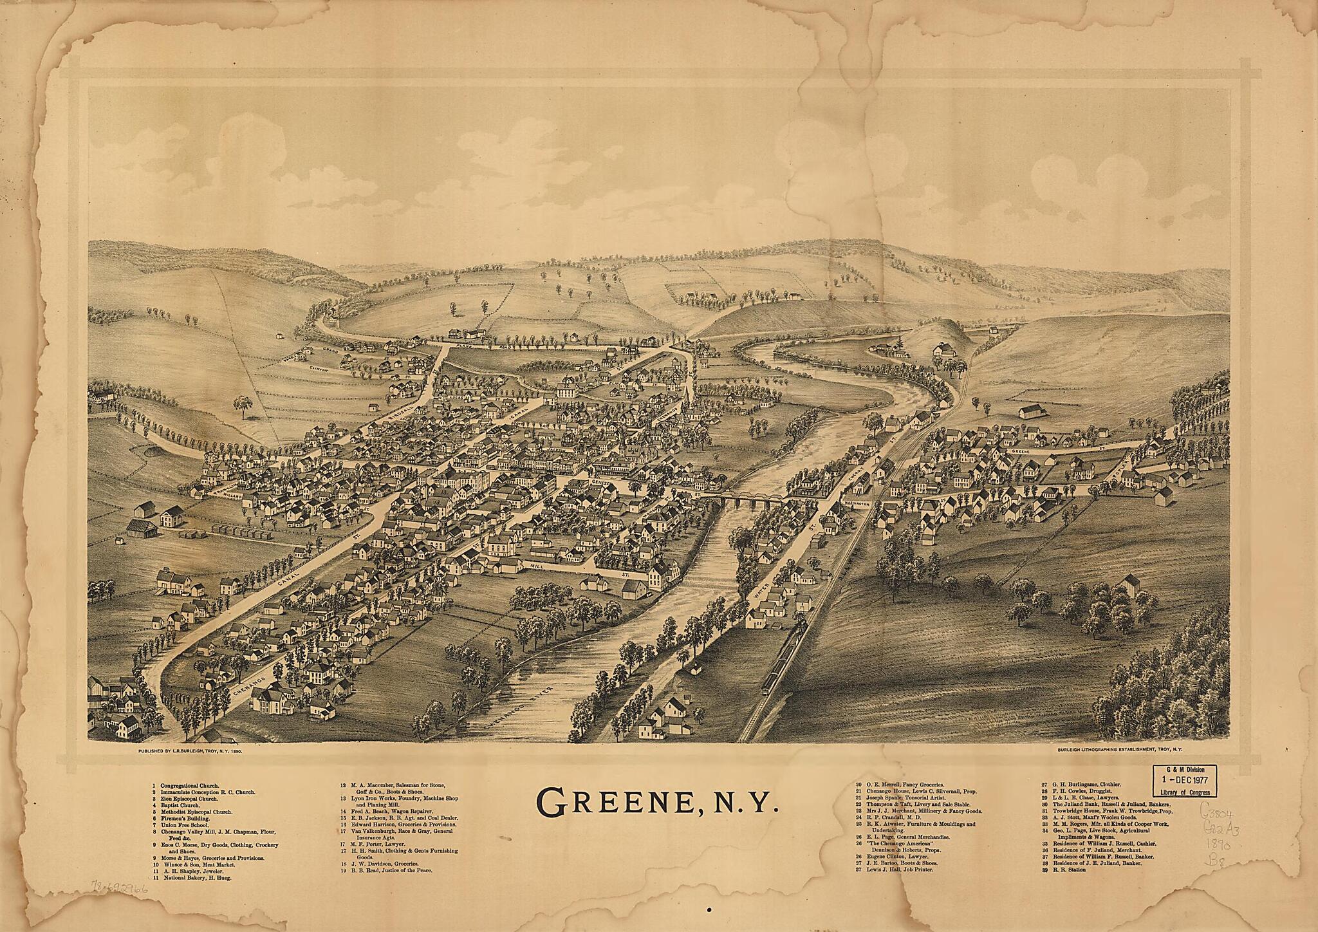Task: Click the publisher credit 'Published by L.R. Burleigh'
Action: click(190, 750)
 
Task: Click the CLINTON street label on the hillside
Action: click(319, 371)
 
